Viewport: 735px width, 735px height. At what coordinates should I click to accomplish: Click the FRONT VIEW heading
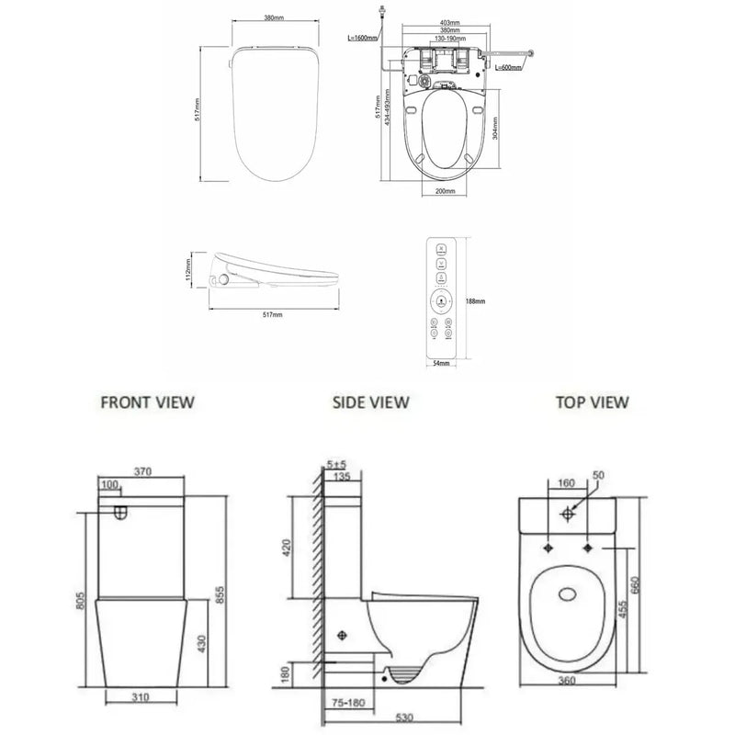coord(147,401)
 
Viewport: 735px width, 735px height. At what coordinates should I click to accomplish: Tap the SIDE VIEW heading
coord(370,401)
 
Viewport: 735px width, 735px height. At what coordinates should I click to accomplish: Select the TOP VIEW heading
coord(593,401)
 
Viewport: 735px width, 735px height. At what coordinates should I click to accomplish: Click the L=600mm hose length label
coord(514,68)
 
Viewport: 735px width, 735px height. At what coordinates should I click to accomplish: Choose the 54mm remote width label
coord(442,364)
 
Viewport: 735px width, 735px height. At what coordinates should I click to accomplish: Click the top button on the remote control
coord(442,249)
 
